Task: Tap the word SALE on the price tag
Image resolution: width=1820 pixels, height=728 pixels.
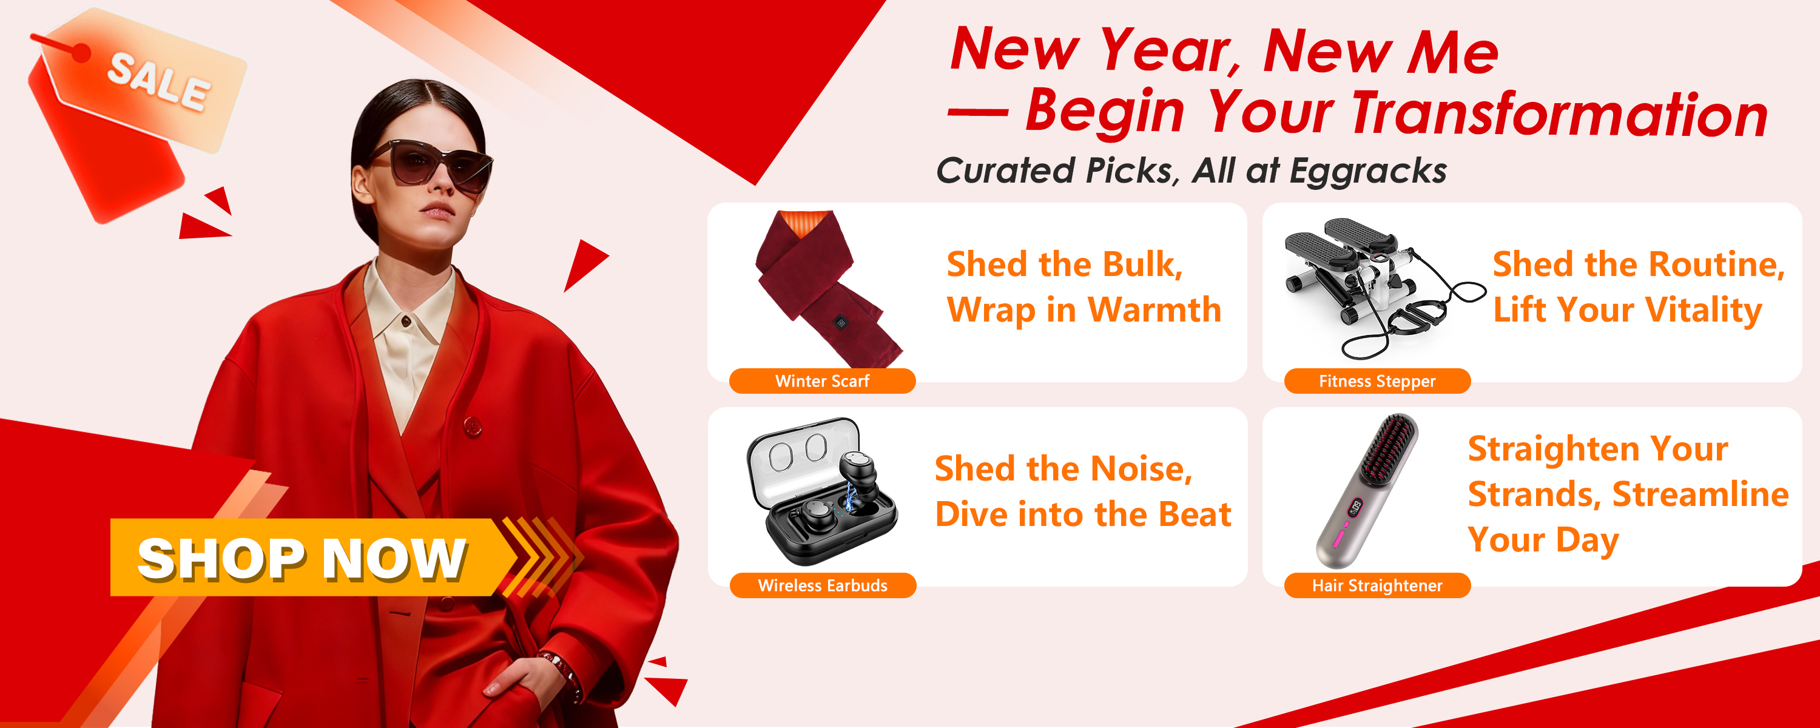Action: point(160,82)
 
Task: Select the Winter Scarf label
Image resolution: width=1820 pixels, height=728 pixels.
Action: point(823,381)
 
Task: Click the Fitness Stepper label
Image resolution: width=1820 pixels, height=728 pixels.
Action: point(1377,381)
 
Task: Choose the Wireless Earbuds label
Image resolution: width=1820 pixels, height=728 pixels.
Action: point(823,585)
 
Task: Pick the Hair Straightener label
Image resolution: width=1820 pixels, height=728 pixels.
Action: point(1377,585)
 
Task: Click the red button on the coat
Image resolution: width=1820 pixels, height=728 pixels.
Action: point(473,425)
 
